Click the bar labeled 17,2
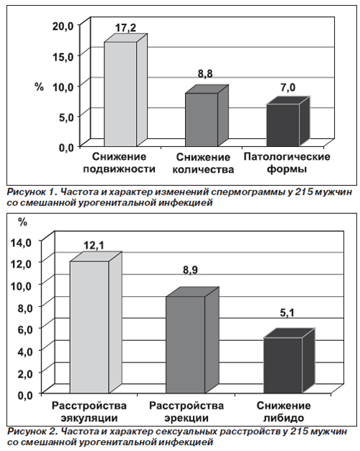coord(125,91)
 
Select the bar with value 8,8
coord(207,115)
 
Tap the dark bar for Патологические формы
coord(288,121)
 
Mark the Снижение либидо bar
coord(288,361)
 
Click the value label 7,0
coord(288,88)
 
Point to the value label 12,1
coord(94,246)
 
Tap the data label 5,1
coord(287,313)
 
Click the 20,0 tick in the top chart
coord(63,27)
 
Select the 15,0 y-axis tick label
coord(63,57)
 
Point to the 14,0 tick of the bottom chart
coord(21,243)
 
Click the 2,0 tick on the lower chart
coord(23,373)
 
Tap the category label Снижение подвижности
coord(120,163)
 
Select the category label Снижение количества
coord(203,164)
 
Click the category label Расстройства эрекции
coord(186,412)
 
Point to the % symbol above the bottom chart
coord(23,222)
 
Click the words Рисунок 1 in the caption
coord(31,192)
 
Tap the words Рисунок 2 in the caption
coord(31,432)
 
